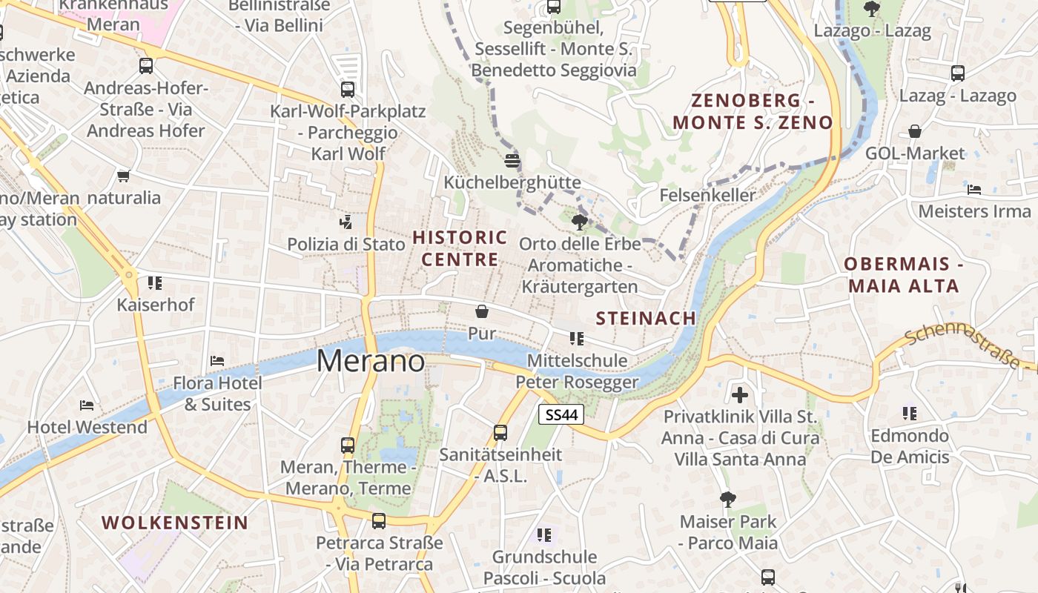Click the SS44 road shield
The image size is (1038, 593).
[561, 415]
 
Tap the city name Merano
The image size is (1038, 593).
[371, 361]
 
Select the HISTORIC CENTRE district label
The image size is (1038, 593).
[460, 248]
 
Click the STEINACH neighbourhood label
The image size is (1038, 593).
[647, 318]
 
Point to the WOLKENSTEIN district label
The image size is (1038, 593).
[175, 522]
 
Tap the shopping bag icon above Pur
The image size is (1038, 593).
[482, 311]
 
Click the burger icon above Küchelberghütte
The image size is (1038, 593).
[512, 160]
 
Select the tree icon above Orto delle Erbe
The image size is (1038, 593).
[580, 221]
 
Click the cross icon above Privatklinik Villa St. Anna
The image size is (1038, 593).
[739, 394]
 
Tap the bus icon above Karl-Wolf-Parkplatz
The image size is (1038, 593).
[348, 90]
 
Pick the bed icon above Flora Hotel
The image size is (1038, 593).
[217, 360]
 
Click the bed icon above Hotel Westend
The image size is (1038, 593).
[87, 405]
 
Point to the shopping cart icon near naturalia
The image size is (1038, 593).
[123, 176]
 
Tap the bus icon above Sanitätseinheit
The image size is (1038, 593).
[500, 432]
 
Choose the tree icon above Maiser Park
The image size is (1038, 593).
[728, 499]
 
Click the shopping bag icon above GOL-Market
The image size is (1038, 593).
[915, 131]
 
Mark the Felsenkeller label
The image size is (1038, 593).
[707, 196]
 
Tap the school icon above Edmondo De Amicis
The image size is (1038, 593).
[910, 413]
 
